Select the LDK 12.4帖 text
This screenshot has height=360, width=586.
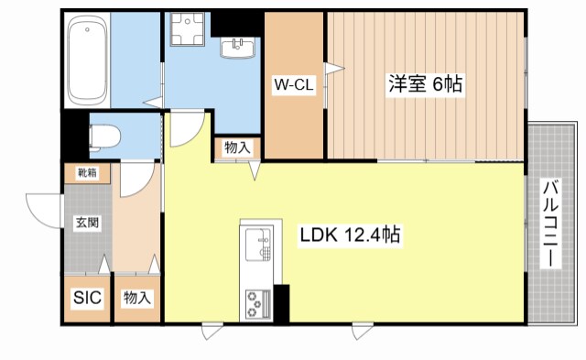coord(349,235)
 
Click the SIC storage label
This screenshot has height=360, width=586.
coord(87,298)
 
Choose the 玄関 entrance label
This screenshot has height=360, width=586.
coord(87,222)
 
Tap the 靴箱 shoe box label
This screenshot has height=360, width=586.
coord(87,172)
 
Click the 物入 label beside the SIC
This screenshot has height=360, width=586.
coord(136,298)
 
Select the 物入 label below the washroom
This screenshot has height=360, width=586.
coord(236,147)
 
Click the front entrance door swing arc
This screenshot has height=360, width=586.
coord(41,211)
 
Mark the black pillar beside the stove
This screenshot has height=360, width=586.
coord(280,303)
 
